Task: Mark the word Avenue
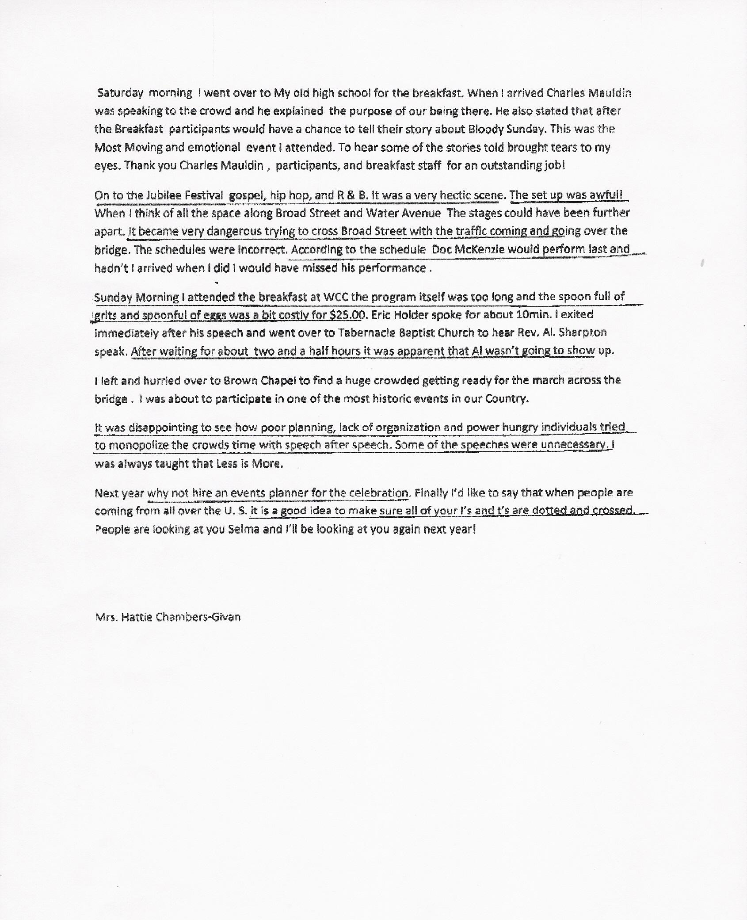(420, 213)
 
